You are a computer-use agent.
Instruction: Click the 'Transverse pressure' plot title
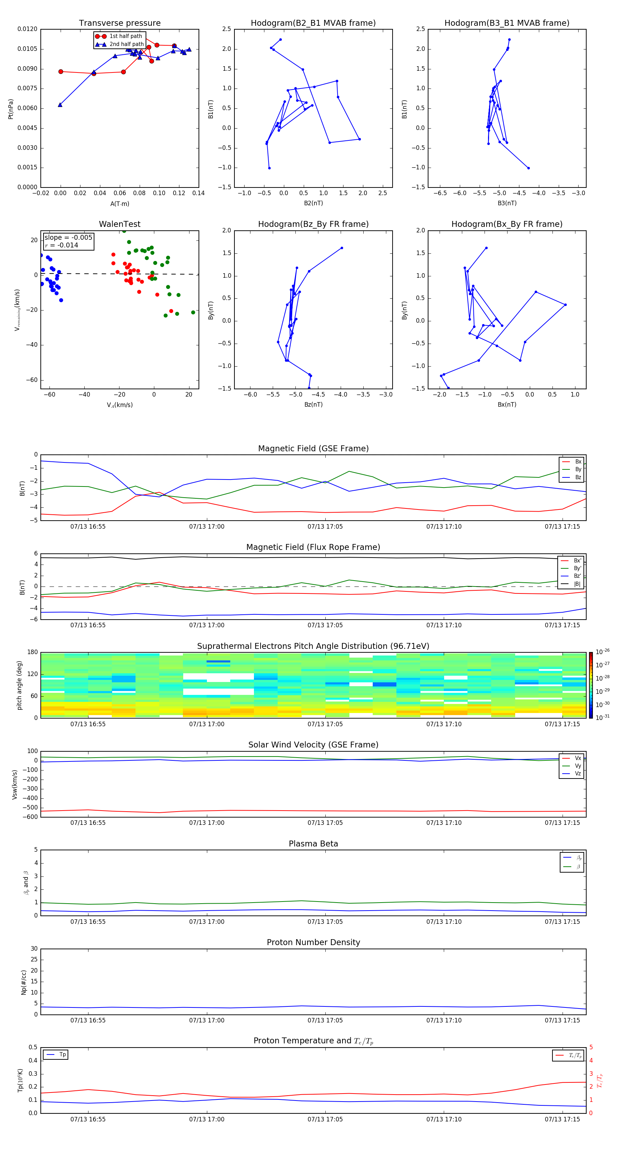(119, 23)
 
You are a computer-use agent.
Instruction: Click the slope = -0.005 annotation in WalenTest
(68, 238)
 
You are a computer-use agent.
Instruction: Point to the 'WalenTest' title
(119, 224)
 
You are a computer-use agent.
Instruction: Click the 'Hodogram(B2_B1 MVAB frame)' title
(313, 23)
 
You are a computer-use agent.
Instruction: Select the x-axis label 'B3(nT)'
(507, 203)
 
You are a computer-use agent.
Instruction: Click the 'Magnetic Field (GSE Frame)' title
(313, 449)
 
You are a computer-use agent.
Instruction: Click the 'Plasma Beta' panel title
(313, 844)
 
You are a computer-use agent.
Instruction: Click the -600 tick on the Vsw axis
(31, 817)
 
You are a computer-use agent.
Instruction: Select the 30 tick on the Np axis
(34, 949)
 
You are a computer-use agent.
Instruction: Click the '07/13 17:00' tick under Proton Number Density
(207, 1020)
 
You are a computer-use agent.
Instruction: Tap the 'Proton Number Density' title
(313, 942)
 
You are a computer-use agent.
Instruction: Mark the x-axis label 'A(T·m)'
(119, 204)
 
